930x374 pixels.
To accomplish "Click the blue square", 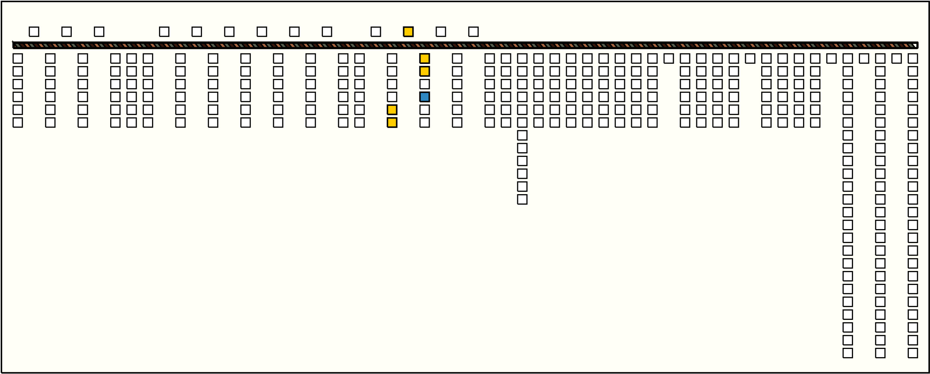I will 425,97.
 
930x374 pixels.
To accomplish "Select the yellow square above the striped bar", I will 408,32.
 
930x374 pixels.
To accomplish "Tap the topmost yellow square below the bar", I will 425,59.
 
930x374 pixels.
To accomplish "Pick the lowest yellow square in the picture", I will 392,123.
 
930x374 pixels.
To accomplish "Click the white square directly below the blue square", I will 425,110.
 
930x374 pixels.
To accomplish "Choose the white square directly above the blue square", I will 425,84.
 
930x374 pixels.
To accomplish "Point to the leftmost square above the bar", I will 34,32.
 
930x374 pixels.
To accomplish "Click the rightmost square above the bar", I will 473,32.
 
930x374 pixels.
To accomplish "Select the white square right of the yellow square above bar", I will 441,32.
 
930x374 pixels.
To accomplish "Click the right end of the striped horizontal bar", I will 916,45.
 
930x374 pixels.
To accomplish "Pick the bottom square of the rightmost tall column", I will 913,353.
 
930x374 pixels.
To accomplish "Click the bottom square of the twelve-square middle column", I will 522,199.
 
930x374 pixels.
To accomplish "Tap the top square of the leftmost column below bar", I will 18,59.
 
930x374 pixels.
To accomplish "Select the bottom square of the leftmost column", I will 18,123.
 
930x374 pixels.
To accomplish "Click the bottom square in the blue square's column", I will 425,123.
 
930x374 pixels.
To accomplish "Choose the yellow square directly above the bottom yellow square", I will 392,110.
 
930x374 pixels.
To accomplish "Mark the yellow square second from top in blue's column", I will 425,71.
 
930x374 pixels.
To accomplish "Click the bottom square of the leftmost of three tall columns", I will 848,353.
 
